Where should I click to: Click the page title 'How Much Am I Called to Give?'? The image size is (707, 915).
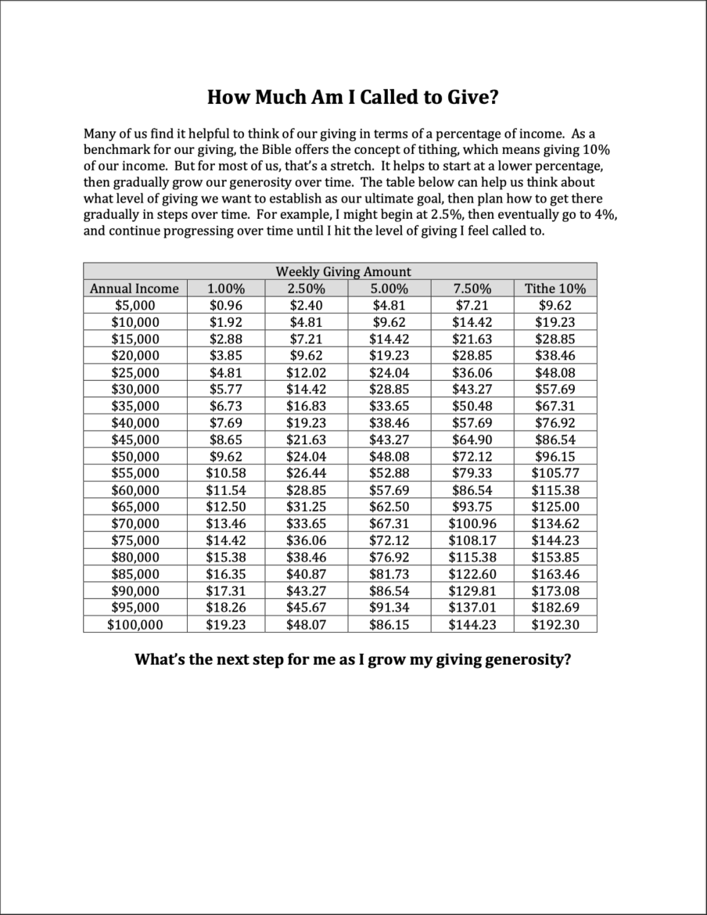pos(353,98)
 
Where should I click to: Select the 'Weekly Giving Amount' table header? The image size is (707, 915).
pos(343,271)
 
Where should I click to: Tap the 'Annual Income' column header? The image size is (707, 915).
pos(135,289)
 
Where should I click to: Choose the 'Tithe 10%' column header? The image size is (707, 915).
pos(555,289)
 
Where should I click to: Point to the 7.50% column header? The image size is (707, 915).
pos(472,289)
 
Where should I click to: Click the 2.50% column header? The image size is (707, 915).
pos(306,289)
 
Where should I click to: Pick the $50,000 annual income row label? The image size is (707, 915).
pos(135,457)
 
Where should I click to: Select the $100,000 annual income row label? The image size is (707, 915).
pos(135,625)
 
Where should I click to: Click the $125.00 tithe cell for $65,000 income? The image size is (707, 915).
pos(555,507)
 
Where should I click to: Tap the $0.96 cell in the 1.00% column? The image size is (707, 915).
pos(225,306)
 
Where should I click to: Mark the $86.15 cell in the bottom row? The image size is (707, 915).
pos(389,625)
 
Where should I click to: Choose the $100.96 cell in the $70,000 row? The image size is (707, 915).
pos(472,524)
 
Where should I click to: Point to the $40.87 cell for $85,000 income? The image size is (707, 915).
pos(306,574)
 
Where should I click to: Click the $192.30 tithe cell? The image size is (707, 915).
pos(555,625)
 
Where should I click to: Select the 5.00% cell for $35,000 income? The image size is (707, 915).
pos(389,406)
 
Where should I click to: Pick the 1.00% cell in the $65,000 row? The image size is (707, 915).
pos(225,507)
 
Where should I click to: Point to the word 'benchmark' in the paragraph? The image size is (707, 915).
pos(114,150)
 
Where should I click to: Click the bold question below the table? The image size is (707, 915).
pos(353,659)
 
